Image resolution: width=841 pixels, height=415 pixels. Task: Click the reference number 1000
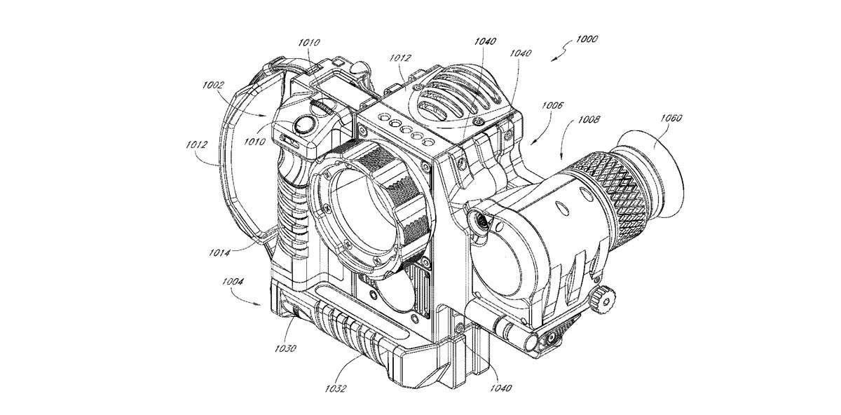click(x=586, y=39)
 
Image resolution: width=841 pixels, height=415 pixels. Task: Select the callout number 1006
click(x=552, y=105)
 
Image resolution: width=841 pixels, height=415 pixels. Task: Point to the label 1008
click(x=589, y=121)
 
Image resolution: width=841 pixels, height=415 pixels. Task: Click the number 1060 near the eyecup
click(x=671, y=118)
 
